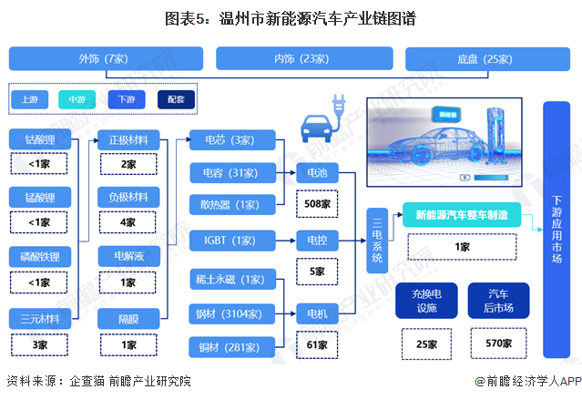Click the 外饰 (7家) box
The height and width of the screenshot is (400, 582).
103,59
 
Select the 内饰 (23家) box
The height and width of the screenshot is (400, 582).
301,59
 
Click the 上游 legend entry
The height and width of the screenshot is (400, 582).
30,98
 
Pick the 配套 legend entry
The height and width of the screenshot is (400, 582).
176,98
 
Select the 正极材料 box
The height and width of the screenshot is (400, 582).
128,140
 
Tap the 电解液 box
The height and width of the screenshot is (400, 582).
128,258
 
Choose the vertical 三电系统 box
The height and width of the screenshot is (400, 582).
375,241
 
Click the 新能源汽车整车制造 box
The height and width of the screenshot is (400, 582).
461,215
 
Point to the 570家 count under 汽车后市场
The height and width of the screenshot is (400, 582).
498,344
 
